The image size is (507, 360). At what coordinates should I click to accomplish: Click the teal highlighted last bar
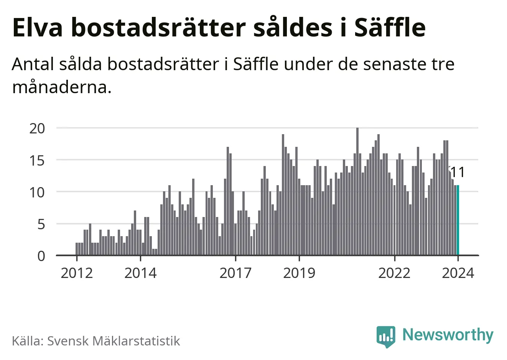coord(458,220)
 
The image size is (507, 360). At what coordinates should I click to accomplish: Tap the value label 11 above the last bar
coord(457,173)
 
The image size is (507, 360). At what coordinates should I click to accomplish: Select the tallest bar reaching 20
coord(357,192)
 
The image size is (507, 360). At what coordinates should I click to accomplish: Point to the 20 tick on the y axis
coord(37,128)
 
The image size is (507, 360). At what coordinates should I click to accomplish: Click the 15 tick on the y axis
coord(37,160)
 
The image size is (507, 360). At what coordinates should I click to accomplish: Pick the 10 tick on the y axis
coord(37,192)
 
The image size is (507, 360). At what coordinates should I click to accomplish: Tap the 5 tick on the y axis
coord(41,224)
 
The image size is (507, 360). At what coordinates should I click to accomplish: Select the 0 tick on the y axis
coord(41,256)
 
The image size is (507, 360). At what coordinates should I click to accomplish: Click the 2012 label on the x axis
coord(77,273)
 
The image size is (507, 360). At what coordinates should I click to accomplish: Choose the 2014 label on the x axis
coord(140,273)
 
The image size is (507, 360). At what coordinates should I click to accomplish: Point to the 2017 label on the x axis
coord(235,273)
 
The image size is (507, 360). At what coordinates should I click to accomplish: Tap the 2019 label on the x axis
coord(299,273)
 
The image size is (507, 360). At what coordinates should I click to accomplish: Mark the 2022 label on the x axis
coord(394,273)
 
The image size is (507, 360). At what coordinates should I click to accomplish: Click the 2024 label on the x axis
coord(458,273)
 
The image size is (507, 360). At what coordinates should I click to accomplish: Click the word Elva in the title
coord(37,28)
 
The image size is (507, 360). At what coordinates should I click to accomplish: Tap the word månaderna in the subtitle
coord(62,88)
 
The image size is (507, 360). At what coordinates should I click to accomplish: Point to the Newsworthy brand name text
coord(448,335)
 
